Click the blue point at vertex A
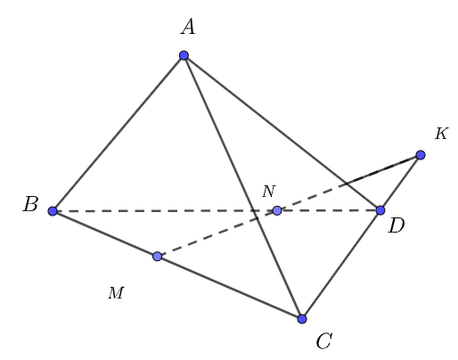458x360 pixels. [x=184, y=55]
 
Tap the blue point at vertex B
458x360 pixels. [x=53, y=211]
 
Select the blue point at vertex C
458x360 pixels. [x=302, y=318]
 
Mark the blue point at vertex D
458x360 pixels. [x=380, y=210]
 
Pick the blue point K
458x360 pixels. [x=421, y=155]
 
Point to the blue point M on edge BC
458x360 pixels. [x=157, y=257]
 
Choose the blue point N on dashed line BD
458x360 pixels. [x=277, y=210]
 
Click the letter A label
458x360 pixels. [x=187, y=28]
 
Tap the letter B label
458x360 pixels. [x=30, y=206]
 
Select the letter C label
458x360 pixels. [x=323, y=340]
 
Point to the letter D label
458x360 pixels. [x=397, y=226]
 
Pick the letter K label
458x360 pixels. [x=441, y=135]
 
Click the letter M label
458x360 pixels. [x=116, y=293]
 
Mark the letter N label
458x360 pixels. [x=268, y=192]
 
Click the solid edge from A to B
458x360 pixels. [x=118, y=134]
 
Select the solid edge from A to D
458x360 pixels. [x=282, y=133]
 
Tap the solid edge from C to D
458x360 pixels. [x=341, y=265]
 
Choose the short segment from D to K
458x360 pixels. [x=401, y=183]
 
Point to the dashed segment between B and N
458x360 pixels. [x=165, y=211]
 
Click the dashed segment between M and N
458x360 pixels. [x=217, y=233]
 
